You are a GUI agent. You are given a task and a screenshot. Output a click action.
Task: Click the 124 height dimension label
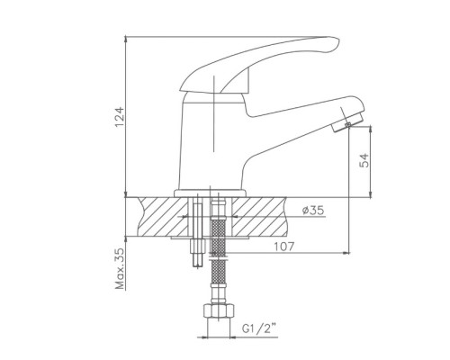pyautogui.click(x=120, y=117)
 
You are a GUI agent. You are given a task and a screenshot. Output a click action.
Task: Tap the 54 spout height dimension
pyautogui.click(x=364, y=160)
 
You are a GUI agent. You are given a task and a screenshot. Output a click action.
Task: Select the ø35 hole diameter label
pyautogui.click(x=313, y=211)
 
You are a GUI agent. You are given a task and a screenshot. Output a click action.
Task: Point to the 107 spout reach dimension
pyautogui.click(x=284, y=247)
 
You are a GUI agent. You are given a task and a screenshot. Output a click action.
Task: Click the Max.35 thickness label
pyautogui.click(x=120, y=268)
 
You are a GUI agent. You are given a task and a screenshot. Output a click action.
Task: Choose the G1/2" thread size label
pyautogui.click(x=259, y=329)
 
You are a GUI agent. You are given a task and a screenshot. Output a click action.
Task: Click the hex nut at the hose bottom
pyautogui.click(x=219, y=310)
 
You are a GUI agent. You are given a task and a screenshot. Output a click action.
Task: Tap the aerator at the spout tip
pyautogui.click(x=348, y=122)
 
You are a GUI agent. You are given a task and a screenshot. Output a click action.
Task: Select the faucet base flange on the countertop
pyautogui.click(x=210, y=193)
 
